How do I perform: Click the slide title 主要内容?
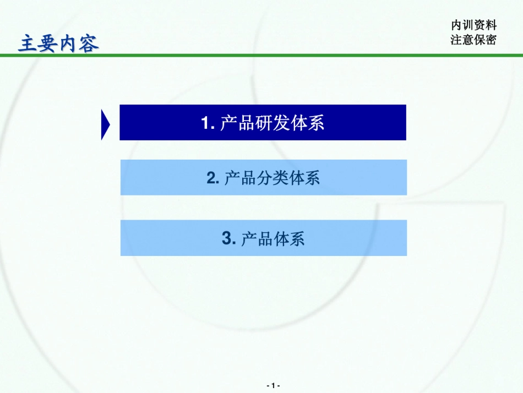[x=58, y=43]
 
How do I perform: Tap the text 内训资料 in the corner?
[x=473, y=25]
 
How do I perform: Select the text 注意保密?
[x=473, y=40]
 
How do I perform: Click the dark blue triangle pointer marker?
[x=105, y=124]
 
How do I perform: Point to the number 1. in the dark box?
[x=208, y=123]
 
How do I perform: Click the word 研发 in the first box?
[x=273, y=123]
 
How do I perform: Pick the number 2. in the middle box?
[x=214, y=178]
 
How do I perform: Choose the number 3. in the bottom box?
[x=230, y=238]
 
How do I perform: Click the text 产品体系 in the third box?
[x=273, y=239]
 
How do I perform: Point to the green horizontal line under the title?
[x=261, y=55]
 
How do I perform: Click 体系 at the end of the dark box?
[x=307, y=123]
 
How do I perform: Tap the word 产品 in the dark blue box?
[x=237, y=123]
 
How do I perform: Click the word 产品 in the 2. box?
[x=241, y=178]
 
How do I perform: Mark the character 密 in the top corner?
[x=491, y=40]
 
